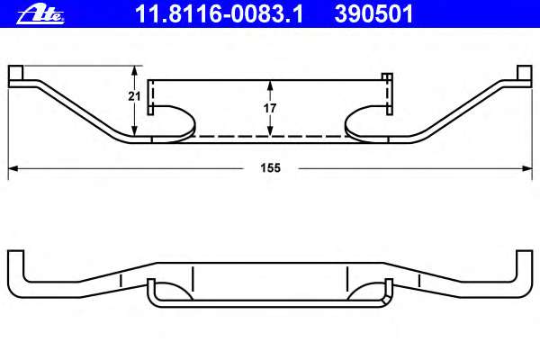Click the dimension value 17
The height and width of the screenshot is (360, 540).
pyautogui.click(x=270, y=108)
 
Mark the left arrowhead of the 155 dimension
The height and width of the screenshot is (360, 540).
pyautogui.click(x=13, y=167)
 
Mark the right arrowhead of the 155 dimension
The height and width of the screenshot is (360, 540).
pyautogui.click(x=526, y=167)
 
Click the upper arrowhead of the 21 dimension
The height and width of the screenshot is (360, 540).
pyautogui.click(x=135, y=69)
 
